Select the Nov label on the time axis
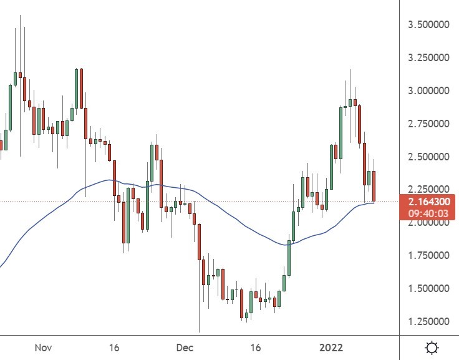(42, 347)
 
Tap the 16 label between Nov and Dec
(114, 347)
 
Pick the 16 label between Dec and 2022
(254, 347)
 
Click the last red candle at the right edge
(374, 186)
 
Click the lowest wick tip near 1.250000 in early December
(200, 331)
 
